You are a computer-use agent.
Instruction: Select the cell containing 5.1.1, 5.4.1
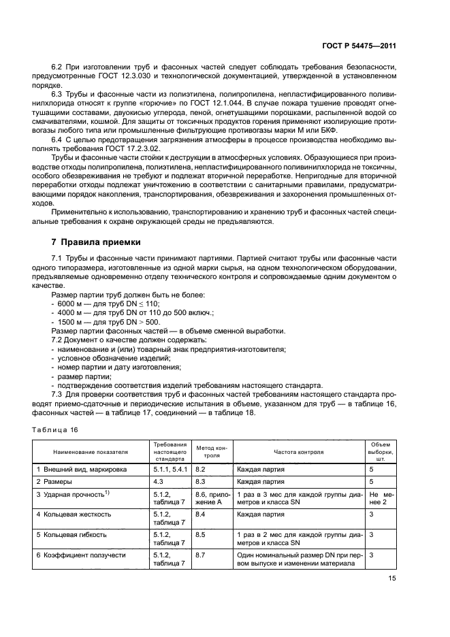[170, 469]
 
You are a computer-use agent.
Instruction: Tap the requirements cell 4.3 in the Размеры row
[159, 481]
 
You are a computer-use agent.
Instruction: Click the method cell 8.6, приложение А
[212, 497]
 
